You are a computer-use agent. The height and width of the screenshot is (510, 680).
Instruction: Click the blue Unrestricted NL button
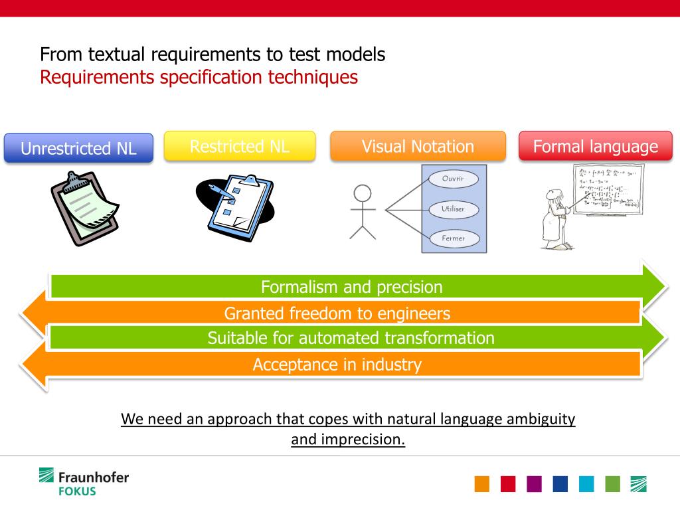78,148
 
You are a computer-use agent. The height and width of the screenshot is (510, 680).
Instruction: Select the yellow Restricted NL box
239,146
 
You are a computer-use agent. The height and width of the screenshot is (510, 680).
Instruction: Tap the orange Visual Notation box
418,146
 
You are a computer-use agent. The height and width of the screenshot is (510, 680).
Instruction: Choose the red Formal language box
595,146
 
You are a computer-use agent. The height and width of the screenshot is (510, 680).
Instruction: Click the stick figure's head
363,194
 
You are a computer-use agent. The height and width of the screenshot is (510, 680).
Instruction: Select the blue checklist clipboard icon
235,206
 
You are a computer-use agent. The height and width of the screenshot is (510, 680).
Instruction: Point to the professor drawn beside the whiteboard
553,219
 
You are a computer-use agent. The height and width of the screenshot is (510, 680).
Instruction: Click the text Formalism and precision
351,288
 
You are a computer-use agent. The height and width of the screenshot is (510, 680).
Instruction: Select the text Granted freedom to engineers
337,313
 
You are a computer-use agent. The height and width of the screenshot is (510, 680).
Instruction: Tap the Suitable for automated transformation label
351,338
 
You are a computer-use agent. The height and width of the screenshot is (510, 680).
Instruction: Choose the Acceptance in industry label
337,365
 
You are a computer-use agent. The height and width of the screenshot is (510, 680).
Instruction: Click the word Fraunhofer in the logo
94,477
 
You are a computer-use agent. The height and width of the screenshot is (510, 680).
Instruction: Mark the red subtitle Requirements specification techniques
199,77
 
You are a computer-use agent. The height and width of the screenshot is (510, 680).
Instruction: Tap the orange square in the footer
482,484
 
